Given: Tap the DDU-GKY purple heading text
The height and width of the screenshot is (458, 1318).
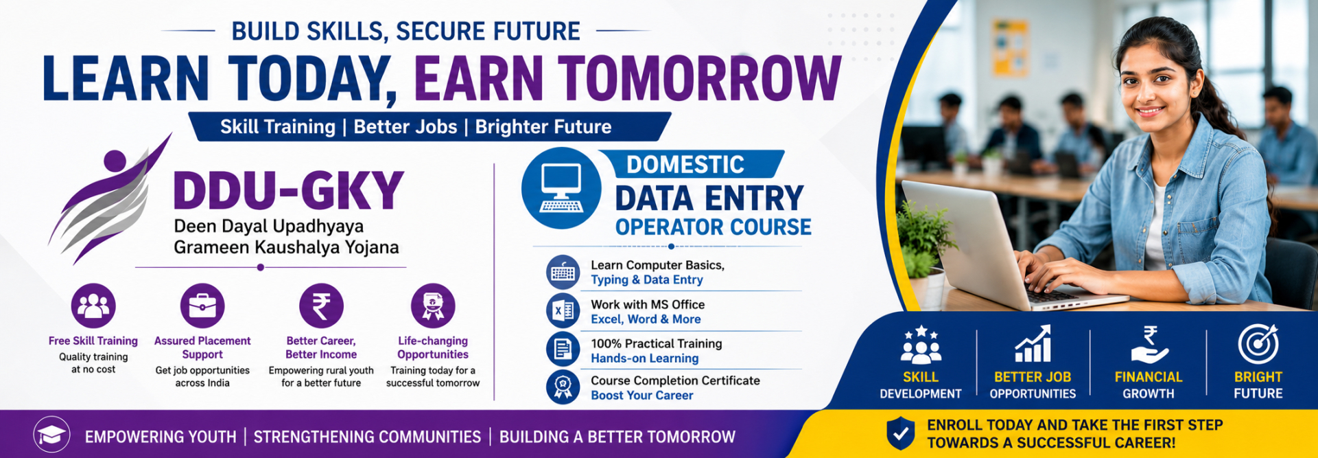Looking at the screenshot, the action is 289,191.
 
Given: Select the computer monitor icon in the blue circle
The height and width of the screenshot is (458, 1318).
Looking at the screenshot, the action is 561,187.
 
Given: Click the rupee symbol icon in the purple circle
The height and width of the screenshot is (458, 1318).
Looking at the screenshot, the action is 321,306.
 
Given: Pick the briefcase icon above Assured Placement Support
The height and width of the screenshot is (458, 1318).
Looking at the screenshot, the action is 202,306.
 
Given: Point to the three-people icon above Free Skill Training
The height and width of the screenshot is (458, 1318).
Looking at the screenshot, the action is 93,306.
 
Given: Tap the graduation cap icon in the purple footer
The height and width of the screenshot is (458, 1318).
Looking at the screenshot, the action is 51,435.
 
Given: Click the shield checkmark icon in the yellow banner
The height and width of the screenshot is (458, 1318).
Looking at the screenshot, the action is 900,433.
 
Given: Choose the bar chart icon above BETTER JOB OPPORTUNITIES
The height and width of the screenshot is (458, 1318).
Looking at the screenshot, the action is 1033,344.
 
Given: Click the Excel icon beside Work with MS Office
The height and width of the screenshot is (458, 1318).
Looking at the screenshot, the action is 563,311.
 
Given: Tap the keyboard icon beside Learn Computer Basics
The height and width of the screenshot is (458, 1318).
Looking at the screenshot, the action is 563,272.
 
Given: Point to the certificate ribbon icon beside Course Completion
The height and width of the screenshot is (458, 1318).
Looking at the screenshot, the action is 563,387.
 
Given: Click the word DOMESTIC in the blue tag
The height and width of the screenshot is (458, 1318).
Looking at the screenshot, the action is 685,165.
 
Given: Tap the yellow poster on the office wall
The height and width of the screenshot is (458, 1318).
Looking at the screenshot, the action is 1010,47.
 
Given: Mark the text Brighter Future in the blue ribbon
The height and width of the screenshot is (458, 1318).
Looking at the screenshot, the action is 543,127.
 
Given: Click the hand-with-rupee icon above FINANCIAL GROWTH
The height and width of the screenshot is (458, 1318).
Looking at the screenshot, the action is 1149,345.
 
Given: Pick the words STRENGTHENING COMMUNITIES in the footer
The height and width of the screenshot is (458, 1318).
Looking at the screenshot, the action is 367,437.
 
